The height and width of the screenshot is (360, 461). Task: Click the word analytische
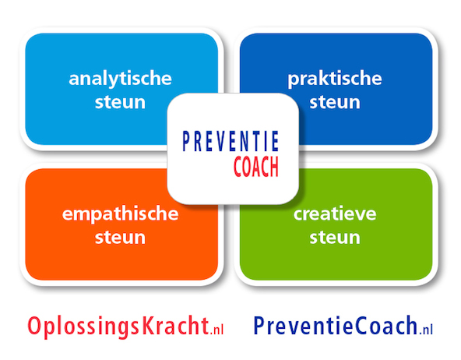tap(120, 79)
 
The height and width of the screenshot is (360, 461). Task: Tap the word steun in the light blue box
tap(120, 102)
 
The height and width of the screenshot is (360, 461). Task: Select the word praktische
tap(335, 79)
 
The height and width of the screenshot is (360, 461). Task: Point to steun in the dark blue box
tap(335, 102)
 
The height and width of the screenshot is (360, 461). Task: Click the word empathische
tap(120, 214)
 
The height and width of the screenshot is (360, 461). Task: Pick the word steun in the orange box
tap(120, 238)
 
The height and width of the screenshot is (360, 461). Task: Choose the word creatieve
tap(335, 214)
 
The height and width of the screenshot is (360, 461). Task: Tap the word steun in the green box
tap(335, 238)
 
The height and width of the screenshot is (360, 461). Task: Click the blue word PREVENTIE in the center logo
tap(230, 142)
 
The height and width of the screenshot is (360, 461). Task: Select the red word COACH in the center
tap(256, 167)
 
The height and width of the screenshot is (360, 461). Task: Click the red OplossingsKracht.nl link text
tap(125, 326)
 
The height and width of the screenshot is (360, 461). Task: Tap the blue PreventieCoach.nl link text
tap(343, 326)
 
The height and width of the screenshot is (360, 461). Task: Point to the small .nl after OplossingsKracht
tap(216, 330)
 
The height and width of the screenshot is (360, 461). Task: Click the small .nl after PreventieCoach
tap(426, 330)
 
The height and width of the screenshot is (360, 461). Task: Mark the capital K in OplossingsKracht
tap(149, 325)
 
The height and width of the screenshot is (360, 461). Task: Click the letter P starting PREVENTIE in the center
tap(186, 142)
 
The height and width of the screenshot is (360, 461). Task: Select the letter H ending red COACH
tap(274, 167)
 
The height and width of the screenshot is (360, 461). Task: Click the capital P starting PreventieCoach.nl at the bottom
tap(259, 325)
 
